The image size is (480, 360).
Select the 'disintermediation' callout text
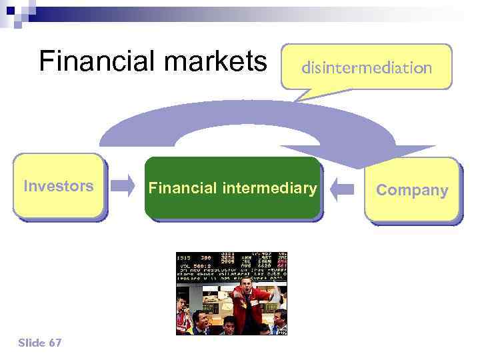[x=367, y=67]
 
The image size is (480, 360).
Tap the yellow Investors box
[x=59, y=187]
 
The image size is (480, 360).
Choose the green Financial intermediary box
[x=233, y=189]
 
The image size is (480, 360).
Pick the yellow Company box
[x=412, y=190]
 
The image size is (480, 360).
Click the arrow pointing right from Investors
[x=123, y=187]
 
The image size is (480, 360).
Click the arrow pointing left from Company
[x=343, y=189]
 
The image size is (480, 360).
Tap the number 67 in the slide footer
[x=55, y=343]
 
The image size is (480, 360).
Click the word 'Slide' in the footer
[x=32, y=343]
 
